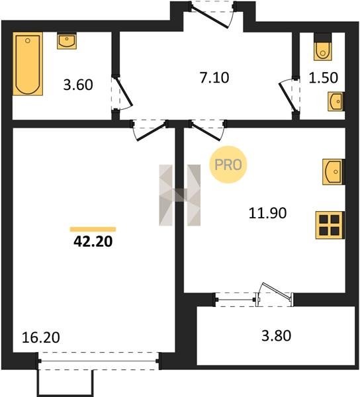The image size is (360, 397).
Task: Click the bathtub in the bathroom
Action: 28,64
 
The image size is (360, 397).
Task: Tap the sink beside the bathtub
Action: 67,41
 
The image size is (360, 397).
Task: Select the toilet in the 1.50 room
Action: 323,47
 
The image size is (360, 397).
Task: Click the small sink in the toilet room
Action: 336,101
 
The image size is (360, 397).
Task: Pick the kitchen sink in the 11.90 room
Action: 334,171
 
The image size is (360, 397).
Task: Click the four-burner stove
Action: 330,226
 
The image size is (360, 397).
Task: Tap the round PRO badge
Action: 228,165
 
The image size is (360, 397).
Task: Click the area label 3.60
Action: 78,85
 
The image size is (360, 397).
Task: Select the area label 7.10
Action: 214,77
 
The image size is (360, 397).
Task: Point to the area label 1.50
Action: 324,78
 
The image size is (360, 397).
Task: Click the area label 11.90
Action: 267,213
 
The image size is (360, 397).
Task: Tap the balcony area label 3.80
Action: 276,335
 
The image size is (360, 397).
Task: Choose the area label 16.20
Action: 41,337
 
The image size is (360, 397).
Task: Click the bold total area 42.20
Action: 93,242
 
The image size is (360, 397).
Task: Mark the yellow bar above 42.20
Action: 93,230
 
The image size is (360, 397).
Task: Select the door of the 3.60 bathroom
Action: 122,93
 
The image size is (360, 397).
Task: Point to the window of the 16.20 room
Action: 99,361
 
